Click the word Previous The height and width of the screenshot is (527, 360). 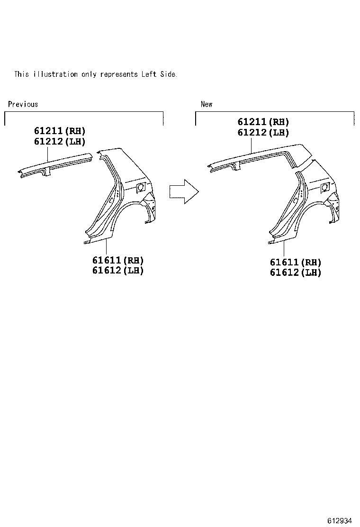[x=23, y=104]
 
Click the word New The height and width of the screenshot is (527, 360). [x=207, y=104]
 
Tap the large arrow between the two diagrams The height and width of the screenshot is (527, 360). [x=184, y=191]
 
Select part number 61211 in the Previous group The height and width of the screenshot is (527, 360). [x=48, y=131]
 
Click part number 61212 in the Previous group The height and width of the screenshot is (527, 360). [x=48, y=141]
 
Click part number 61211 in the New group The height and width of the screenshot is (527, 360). [x=252, y=122]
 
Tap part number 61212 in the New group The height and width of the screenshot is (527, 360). [x=252, y=133]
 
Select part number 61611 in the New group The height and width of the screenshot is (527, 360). [x=284, y=262]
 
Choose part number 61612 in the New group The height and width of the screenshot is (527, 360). [x=284, y=273]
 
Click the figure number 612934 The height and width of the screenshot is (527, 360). [x=339, y=520]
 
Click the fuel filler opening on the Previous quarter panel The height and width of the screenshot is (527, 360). [x=141, y=188]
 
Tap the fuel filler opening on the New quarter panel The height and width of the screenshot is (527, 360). [x=324, y=186]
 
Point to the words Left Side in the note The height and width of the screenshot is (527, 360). [x=159, y=74]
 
